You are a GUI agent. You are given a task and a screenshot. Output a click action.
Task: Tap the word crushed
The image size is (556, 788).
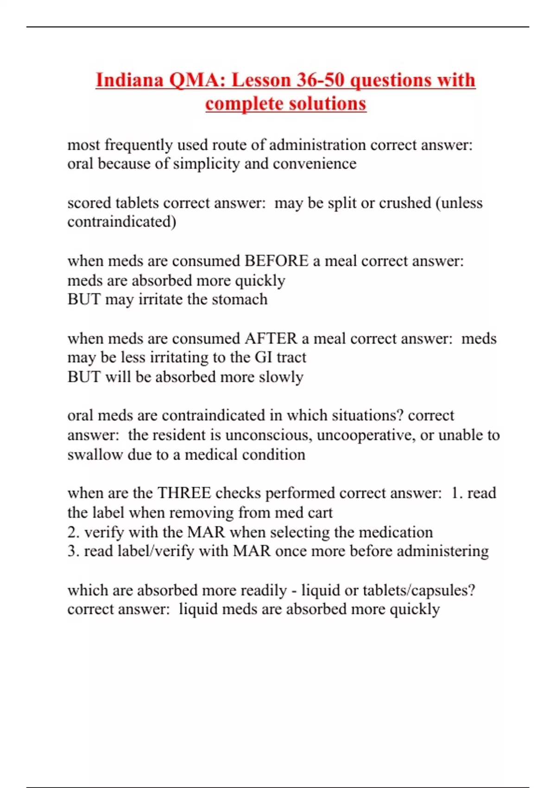click(403, 203)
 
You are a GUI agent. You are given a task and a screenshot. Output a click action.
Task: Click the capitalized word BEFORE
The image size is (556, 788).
click(276, 261)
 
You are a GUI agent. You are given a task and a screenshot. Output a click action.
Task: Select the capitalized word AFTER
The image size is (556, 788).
click(271, 338)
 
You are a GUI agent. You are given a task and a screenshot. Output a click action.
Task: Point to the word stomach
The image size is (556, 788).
click(240, 299)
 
